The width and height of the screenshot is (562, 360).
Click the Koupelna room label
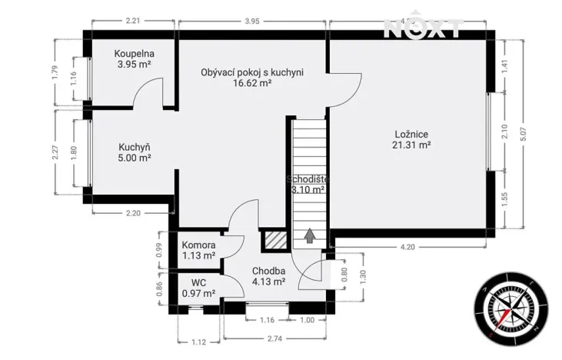[135, 54]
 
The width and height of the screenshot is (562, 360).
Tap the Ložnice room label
[411, 133]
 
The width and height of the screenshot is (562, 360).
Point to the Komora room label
[198, 245]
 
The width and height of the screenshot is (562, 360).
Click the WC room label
[198, 282]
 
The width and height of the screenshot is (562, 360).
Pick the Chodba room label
[268, 271]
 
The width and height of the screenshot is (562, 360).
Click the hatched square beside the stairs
[273, 240]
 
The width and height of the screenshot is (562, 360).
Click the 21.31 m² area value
[411, 145]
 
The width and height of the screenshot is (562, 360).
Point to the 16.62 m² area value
[252, 84]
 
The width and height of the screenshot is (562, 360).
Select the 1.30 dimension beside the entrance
[362, 277]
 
